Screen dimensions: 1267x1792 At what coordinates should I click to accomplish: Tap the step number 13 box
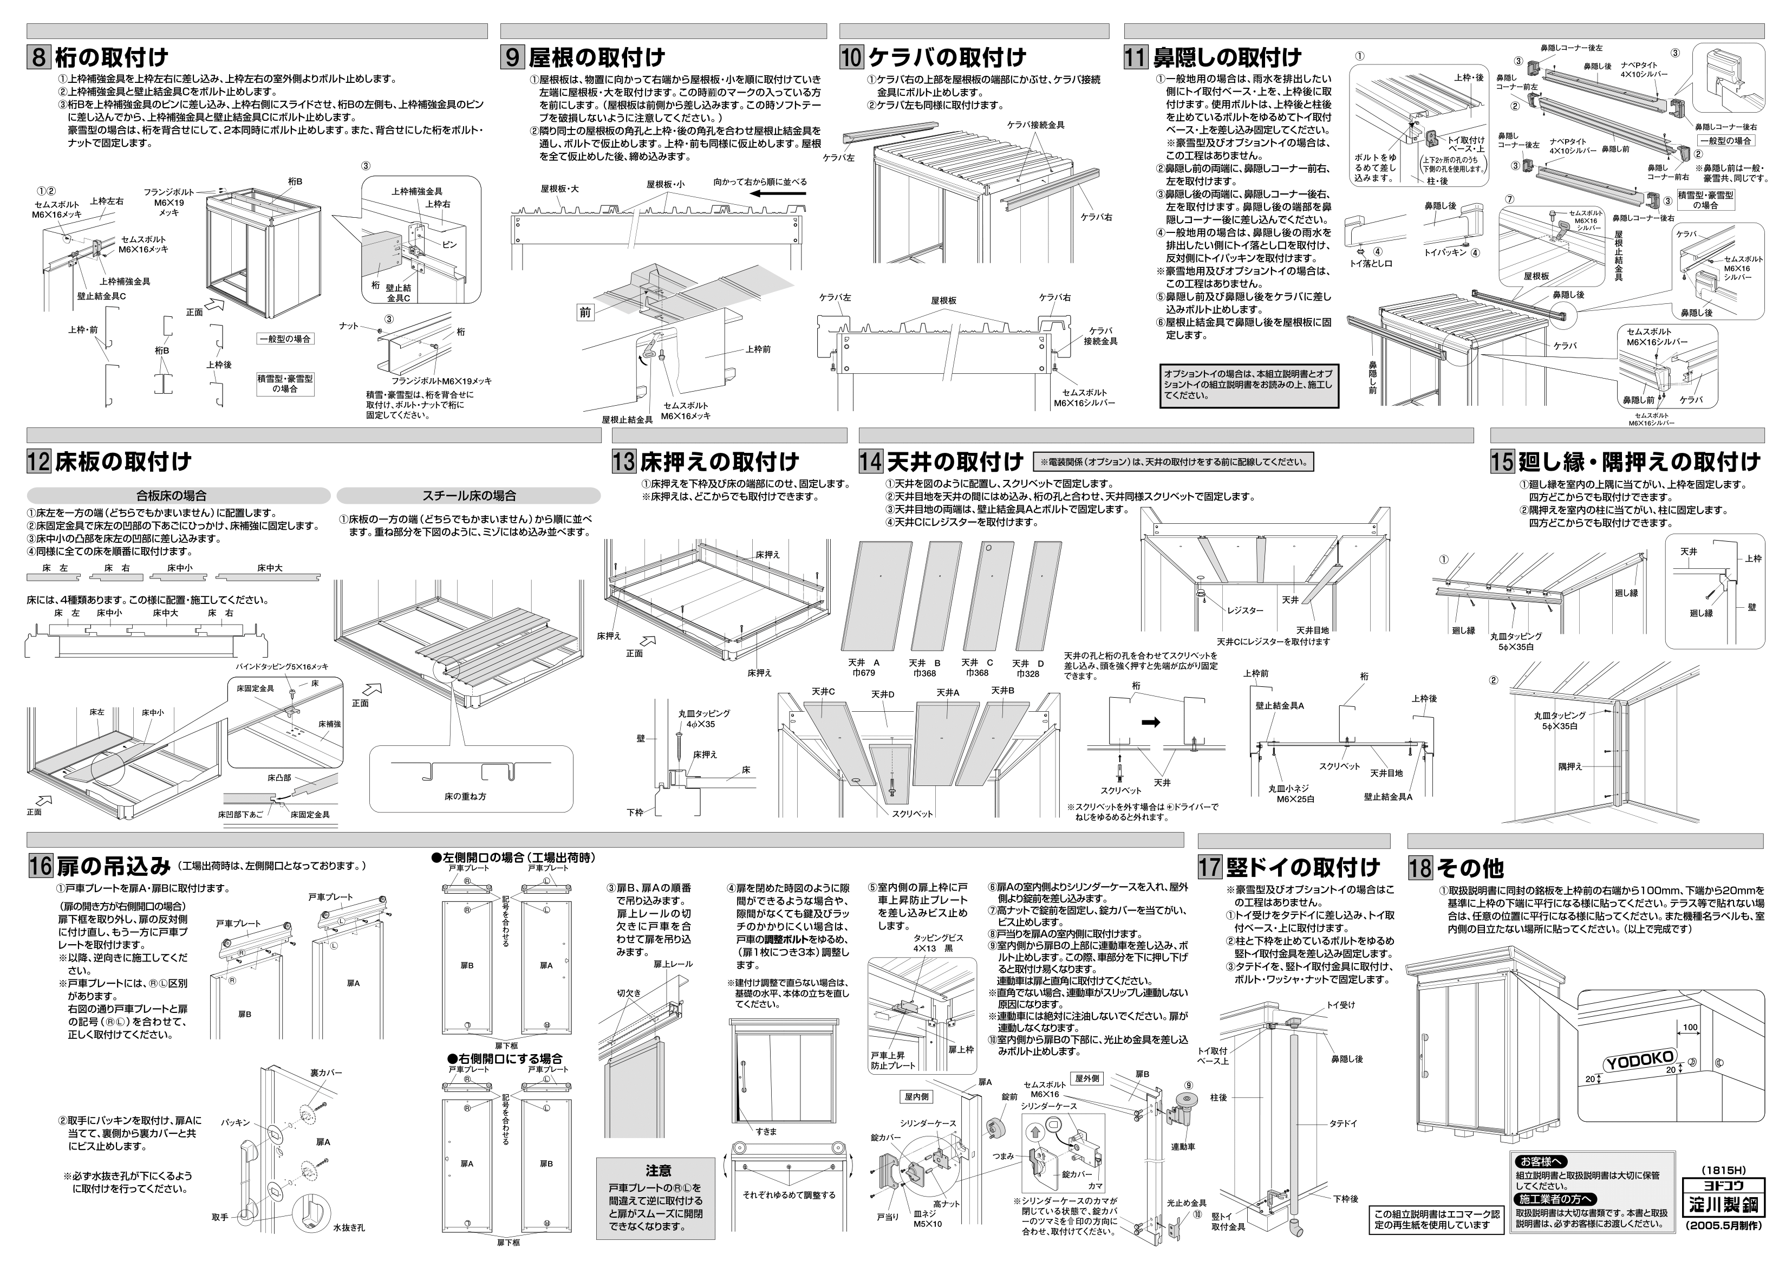[624, 462]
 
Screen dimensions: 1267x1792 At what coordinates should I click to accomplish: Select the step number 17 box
[1210, 867]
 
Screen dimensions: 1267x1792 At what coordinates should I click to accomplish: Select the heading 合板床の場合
[171, 496]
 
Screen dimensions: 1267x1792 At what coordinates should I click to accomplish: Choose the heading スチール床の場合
[469, 496]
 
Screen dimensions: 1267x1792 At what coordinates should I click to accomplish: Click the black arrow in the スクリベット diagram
[1150, 722]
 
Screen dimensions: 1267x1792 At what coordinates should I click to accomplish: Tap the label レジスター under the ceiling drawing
[1245, 610]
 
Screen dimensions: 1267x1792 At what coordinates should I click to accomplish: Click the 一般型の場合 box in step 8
[285, 339]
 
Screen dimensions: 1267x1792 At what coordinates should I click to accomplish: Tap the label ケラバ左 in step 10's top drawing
[838, 157]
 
